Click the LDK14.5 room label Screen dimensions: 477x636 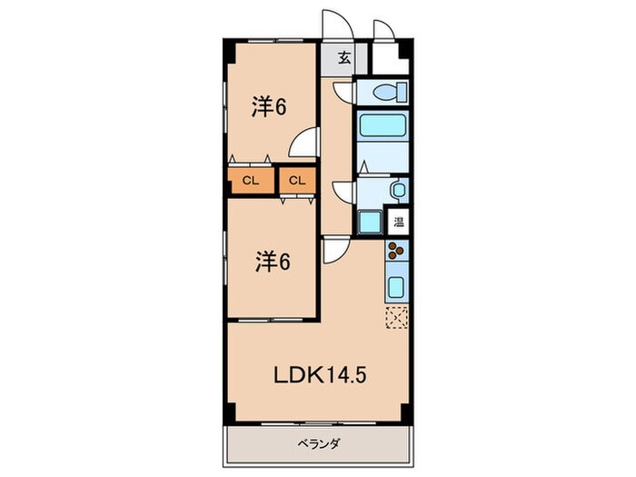pyautogui.click(x=318, y=373)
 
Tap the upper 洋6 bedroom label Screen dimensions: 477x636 pyautogui.click(x=269, y=107)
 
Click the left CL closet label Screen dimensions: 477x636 pyautogui.click(x=251, y=181)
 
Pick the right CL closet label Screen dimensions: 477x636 pyautogui.click(x=297, y=181)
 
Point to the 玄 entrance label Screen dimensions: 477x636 pyautogui.click(x=344, y=59)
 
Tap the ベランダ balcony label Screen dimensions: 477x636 pyautogui.click(x=317, y=444)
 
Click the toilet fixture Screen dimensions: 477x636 pyautogui.click(x=387, y=92)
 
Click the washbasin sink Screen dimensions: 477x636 pyautogui.click(x=397, y=190)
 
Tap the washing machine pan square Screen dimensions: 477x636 pyautogui.click(x=371, y=222)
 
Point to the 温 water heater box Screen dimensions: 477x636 pyautogui.click(x=399, y=221)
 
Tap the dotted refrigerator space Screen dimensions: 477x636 pyautogui.click(x=397, y=317)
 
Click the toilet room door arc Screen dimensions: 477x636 pyautogui.click(x=343, y=91)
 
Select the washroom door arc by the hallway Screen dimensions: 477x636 pyautogui.click(x=344, y=191)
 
